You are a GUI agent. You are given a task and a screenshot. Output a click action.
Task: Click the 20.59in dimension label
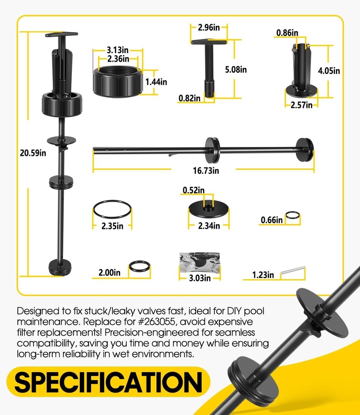pyautogui.click(x=33, y=153)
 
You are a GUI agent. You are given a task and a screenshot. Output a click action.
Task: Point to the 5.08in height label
pyautogui.click(x=235, y=69)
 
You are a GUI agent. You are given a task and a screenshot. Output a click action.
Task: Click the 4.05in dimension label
pyautogui.click(x=328, y=71)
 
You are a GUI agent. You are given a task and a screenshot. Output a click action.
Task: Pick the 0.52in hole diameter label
pyautogui.click(x=194, y=190)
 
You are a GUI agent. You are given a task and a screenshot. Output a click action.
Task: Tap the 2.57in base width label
pyautogui.click(x=301, y=105)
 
